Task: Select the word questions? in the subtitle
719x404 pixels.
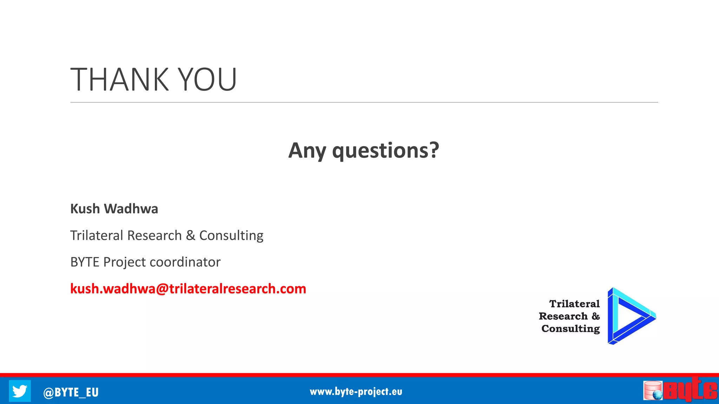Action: (385, 151)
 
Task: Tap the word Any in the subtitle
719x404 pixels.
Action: (307, 151)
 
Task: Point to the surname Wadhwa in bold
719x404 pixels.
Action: (131, 209)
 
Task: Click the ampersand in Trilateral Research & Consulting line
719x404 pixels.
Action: (190, 235)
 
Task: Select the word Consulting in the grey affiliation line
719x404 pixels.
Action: (231, 236)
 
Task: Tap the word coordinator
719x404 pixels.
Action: (185, 262)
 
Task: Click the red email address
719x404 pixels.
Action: (188, 289)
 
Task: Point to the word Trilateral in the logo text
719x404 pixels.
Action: (574, 304)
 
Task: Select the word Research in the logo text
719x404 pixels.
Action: (563, 316)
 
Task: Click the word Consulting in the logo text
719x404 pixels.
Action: (570, 329)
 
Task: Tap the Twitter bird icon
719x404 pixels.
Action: (20, 391)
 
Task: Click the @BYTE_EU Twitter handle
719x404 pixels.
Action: (71, 392)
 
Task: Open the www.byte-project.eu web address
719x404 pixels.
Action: (356, 392)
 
